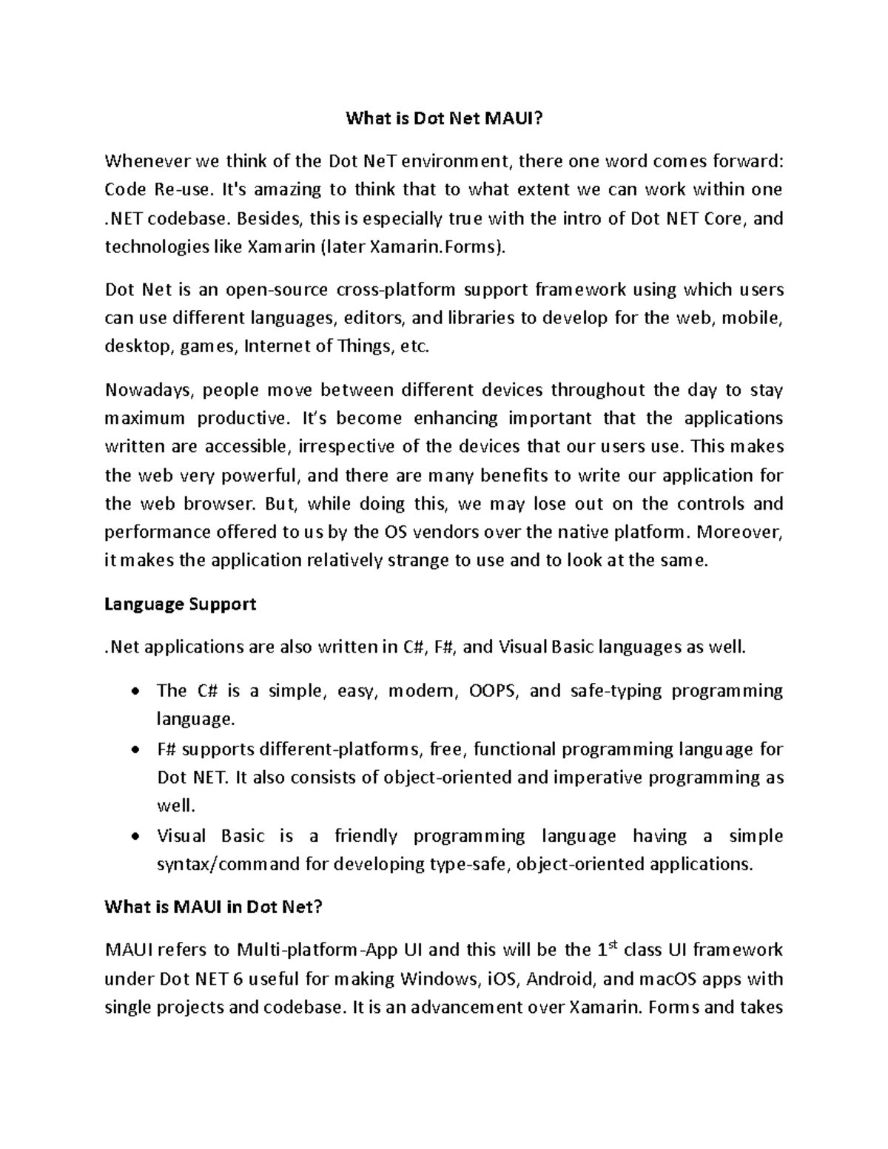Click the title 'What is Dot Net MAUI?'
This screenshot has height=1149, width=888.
pos(444,119)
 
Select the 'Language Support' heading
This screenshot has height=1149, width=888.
pos(180,604)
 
